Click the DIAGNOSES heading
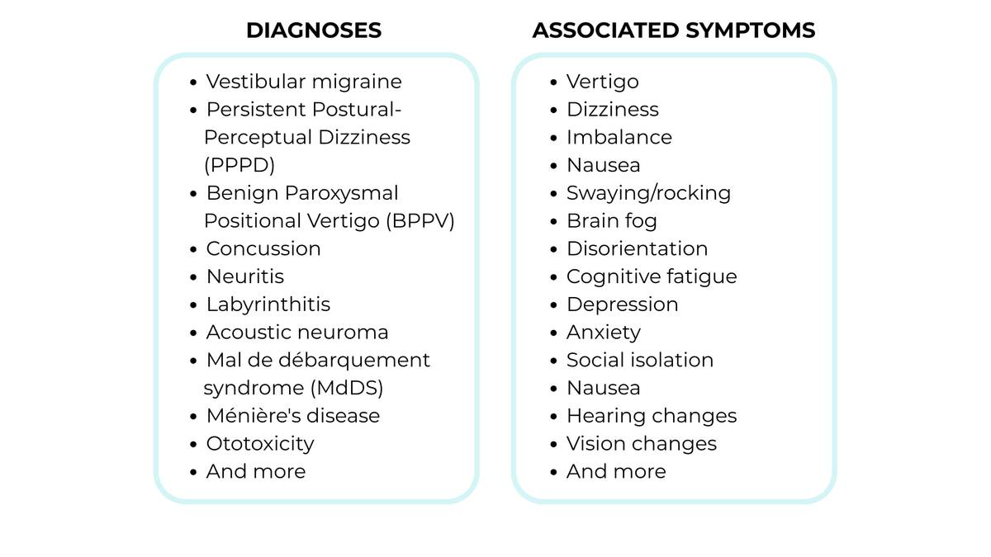tap(314, 31)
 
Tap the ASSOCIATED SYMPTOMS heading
tap(673, 31)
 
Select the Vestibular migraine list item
tap(303, 82)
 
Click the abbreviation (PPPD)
tap(239, 165)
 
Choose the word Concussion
tap(263, 248)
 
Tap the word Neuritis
tap(244, 276)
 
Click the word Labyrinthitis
tap(268, 304)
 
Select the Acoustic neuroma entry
tap(296, 333)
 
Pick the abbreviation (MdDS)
tap(346, 388)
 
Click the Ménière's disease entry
tap(292, 416)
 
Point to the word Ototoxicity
tap(260, 444)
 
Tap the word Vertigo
tap(602, 82)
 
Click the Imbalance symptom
tap(619, 137)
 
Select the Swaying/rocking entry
tap(648, 193)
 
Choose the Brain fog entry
tap(611, 221)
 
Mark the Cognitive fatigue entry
tap(651, 276)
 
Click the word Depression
tap(622, 304)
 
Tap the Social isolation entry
tap(639, 361)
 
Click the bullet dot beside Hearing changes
tap(555, 417)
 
